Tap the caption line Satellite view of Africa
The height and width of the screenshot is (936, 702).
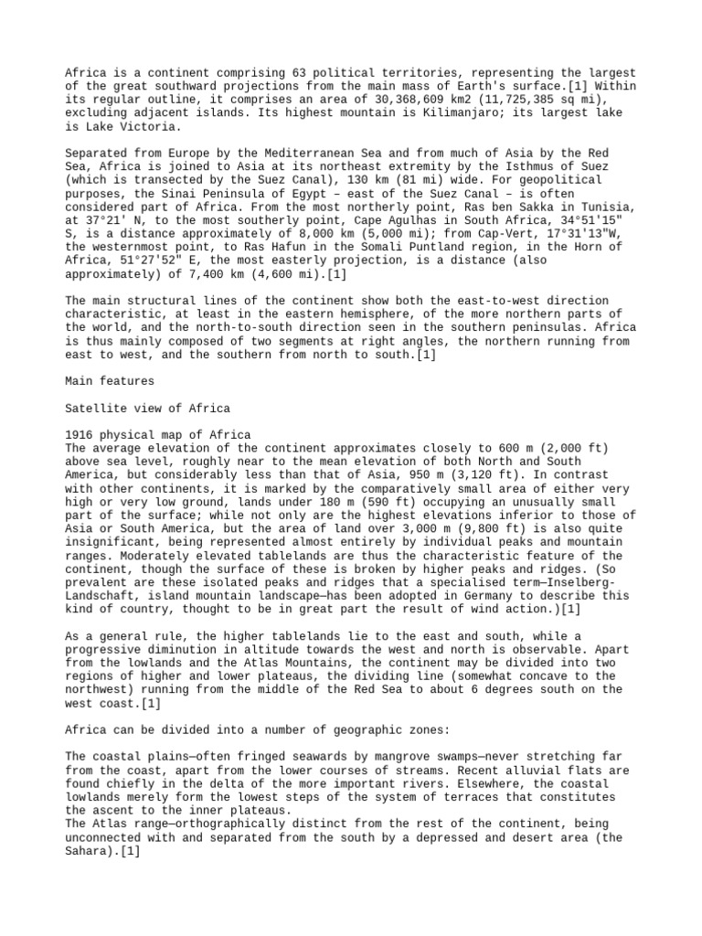click(x=148, y=407)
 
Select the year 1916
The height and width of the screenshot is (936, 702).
click(x=80, y=433)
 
